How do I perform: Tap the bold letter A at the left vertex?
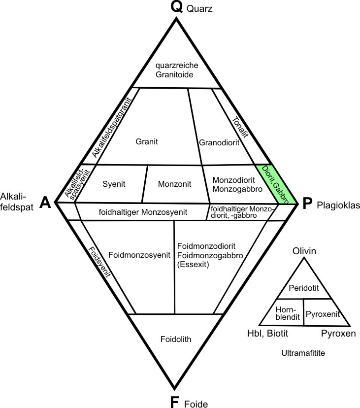45,203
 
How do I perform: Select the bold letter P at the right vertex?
307,204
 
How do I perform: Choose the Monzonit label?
174,184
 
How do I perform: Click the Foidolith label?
175,339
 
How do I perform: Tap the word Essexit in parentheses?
194,265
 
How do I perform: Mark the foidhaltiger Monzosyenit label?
143,212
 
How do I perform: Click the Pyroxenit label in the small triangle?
322,313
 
